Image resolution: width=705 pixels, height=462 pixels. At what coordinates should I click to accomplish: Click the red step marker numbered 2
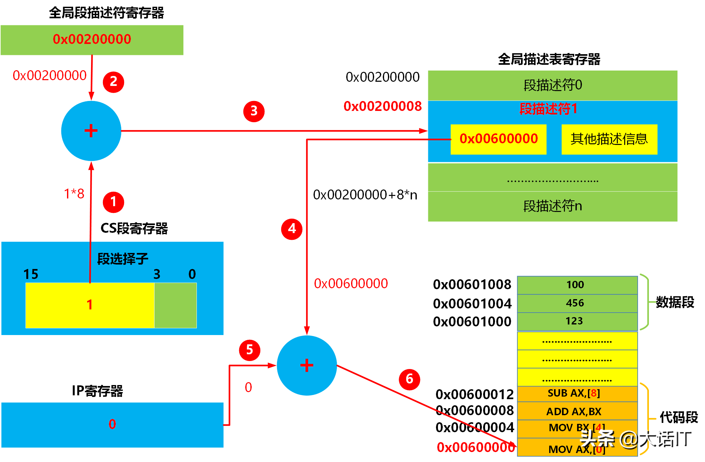[113, 82]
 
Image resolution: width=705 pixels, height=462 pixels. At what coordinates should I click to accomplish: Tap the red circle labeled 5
[249, 350]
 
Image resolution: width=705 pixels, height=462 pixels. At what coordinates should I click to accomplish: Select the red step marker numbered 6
[409, 379]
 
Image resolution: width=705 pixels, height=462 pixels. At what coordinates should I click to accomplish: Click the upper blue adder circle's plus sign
[91, 131]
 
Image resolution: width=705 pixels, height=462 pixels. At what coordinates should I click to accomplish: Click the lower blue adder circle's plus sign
[307, 365]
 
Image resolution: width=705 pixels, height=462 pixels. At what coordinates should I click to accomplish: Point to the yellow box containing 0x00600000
[498, 139]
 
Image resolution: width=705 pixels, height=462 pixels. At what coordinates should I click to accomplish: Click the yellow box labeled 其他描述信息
[609, 139]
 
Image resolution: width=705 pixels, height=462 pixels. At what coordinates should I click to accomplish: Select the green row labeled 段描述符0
[552, 85]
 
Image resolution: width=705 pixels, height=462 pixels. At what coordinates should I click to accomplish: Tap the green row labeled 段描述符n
[552, 206]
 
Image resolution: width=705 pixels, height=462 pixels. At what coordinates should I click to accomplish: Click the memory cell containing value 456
[577, 303]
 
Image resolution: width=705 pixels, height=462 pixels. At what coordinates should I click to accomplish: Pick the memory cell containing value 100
[577, 285]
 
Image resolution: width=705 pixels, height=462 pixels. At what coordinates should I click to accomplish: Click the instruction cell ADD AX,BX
[577, 411]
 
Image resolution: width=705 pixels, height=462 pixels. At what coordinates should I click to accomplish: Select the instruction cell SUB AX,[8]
[577, 393]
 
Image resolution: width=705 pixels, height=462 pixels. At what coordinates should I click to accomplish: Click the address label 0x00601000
[472, 322]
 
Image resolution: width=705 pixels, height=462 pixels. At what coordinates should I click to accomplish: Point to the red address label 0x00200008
[382, 106]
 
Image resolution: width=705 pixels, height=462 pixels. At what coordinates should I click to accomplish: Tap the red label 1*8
[74, 194]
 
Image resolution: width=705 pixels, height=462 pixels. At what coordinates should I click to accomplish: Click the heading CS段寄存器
[134, 228]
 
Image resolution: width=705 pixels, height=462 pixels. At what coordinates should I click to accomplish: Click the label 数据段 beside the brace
[675, 302]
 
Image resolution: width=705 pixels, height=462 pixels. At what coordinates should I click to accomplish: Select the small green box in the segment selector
[175, 305]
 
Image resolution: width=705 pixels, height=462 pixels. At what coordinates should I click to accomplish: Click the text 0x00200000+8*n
[365, 195]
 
